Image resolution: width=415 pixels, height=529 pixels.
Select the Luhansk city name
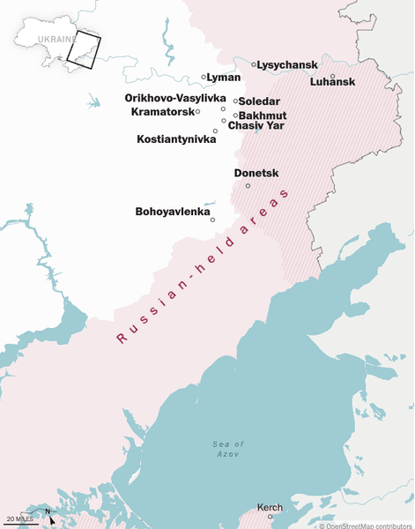pyautogui.click(x=332, y=82)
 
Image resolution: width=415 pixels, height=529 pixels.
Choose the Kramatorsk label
pyautogui.click(x=161, y=112)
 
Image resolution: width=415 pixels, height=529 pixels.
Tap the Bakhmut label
pyautogui.click(x=263, y=115)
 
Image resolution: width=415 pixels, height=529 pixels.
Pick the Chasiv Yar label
pyautogui.click(x=256, y=126)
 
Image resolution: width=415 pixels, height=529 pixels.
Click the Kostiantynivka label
pyautogui.click(x=176, y=139)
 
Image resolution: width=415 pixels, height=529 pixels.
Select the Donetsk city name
pyautogui.click(x=256, y=174)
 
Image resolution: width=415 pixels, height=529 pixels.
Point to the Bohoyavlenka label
pyautogui.click(x=172, y=212)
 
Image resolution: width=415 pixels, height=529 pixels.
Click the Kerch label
pyautogui.click(x=270, y=507)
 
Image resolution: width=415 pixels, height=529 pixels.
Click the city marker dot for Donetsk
pyautogui.click(x=248, y=185)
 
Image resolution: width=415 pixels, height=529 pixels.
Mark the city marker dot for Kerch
pyautogui.click(x=270, y=517)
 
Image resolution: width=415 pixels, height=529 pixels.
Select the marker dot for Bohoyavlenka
pyautogui.click(x=212, y=220)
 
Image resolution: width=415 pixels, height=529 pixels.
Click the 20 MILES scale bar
pyautogui.click(x=19, y=520)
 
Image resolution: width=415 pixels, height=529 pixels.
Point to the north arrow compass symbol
pyautogui.click(x=49, y=517)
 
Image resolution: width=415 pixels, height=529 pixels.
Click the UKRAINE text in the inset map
pyautogui.click(x=57, y=39)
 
